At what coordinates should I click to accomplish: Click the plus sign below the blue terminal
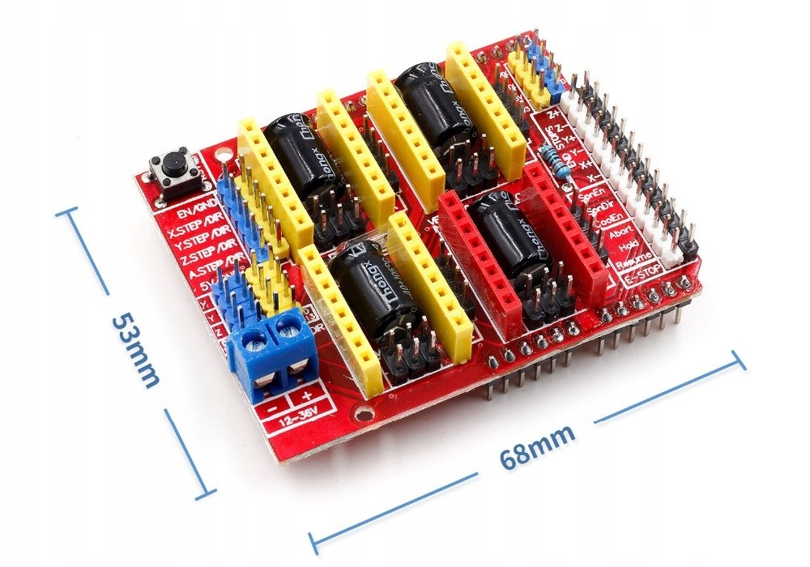click(306, 398)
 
